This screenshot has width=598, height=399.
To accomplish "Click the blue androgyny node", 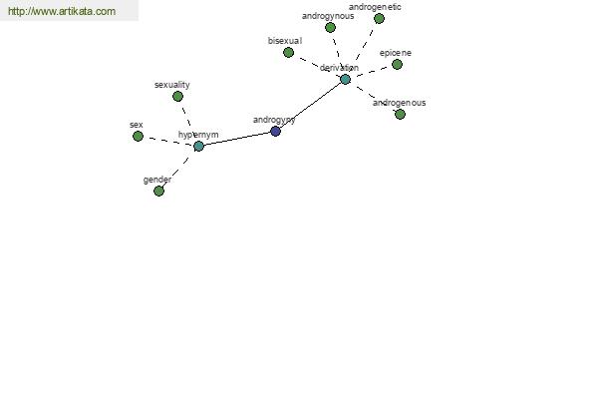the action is coord(275,132).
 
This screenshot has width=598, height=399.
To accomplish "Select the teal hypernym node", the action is coord(198,146).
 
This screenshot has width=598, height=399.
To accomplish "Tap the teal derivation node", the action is coord(345,80).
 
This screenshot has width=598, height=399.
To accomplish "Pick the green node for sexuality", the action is coord(177,97).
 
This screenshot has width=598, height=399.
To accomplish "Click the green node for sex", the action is coord(139,136).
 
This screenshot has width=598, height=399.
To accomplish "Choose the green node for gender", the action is coord(158,191).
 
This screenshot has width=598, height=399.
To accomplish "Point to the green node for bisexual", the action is coord(289,52).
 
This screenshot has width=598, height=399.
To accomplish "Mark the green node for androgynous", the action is coord(330,28).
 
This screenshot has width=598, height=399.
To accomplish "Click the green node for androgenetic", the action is coord(379,18).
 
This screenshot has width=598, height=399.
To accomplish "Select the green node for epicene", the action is coord(397,64).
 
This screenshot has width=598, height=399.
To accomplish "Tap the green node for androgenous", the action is coord(400,114).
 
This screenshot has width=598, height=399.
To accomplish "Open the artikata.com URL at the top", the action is coord(62,11).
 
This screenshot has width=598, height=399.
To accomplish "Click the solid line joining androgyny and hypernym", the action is coord(237,139).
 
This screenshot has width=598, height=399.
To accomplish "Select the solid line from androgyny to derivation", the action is coord(310,106).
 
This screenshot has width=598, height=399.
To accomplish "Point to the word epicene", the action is coord(396,53).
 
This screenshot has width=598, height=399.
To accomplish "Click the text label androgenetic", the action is coord(375,7).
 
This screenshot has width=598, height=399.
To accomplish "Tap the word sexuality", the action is coord(172,85).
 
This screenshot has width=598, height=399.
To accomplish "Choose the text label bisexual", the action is coord(285,41).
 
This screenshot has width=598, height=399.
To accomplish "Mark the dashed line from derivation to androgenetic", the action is coord(364,45).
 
